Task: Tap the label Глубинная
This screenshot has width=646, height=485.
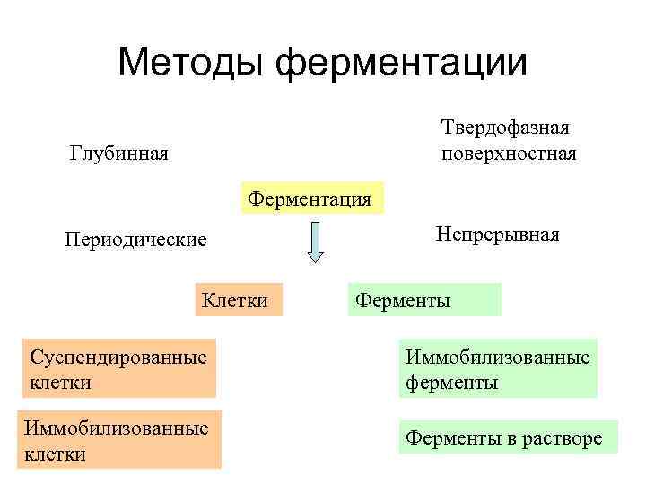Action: click(x=119, y=154)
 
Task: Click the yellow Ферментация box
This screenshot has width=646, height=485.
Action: click(x=310, y=198)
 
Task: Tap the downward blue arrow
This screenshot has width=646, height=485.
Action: click(x=314, y=242)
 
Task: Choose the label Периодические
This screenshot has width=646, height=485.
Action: click(x=135, y=240)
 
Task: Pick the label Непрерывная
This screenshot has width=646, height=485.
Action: click(x=497, y=234)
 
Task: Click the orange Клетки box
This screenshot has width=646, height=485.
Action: click(x=237, y=300)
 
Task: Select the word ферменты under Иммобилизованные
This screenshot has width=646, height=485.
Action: click(x=451, y=384)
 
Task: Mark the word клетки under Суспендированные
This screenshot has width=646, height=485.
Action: click(x=60, y=383)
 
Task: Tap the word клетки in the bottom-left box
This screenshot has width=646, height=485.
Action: click(x=56, y=454)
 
